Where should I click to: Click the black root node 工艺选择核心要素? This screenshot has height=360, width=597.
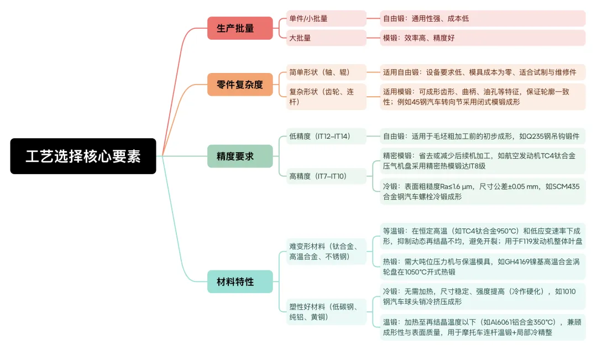[x=83, y=156]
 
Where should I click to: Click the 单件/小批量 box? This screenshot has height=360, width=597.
[x=326, y=18]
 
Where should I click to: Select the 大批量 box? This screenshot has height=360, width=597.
[x=326, y=38]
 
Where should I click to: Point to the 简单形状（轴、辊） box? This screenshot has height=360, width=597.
[x=326, y=72]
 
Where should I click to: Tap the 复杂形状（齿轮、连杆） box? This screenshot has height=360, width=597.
[x=326, y=97]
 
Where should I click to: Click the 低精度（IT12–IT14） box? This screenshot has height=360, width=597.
[x=326, y=136]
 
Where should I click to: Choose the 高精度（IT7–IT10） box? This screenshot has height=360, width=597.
[x=326, y=176]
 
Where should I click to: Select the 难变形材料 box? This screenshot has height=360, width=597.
[x=326, y=251]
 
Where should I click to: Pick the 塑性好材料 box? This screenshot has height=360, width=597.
[x=326, y=312]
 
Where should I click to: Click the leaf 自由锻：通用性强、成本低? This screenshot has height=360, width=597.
[x=482, y=18]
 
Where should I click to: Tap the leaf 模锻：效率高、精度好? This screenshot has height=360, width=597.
[x=482, y=38]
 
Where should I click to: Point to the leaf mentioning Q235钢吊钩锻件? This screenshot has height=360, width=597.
[x=482, y=136]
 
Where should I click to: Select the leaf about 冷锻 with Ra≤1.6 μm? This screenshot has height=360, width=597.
[x=482, y=191]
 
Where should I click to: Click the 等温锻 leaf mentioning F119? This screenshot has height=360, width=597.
[x=482, y=236]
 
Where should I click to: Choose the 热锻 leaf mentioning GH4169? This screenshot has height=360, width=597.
[x=482, y=267]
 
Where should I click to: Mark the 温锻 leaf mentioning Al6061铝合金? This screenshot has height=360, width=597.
[x=482, y=327]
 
